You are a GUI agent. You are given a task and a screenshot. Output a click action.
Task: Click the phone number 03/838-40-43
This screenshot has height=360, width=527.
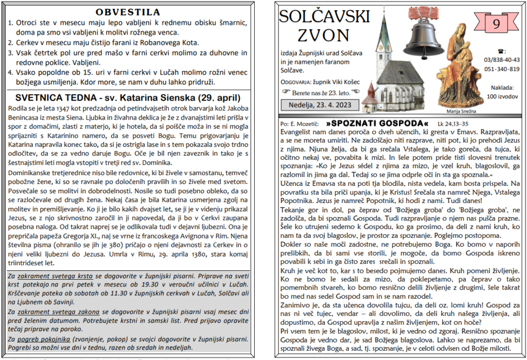click(502, 60)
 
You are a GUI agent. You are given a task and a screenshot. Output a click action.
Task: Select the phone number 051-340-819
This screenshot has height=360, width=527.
click(502, 69)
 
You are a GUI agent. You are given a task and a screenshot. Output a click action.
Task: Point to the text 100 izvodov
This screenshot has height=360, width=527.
click(502, 96)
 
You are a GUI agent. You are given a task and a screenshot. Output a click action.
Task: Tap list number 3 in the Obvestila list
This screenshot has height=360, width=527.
click(12, 53)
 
